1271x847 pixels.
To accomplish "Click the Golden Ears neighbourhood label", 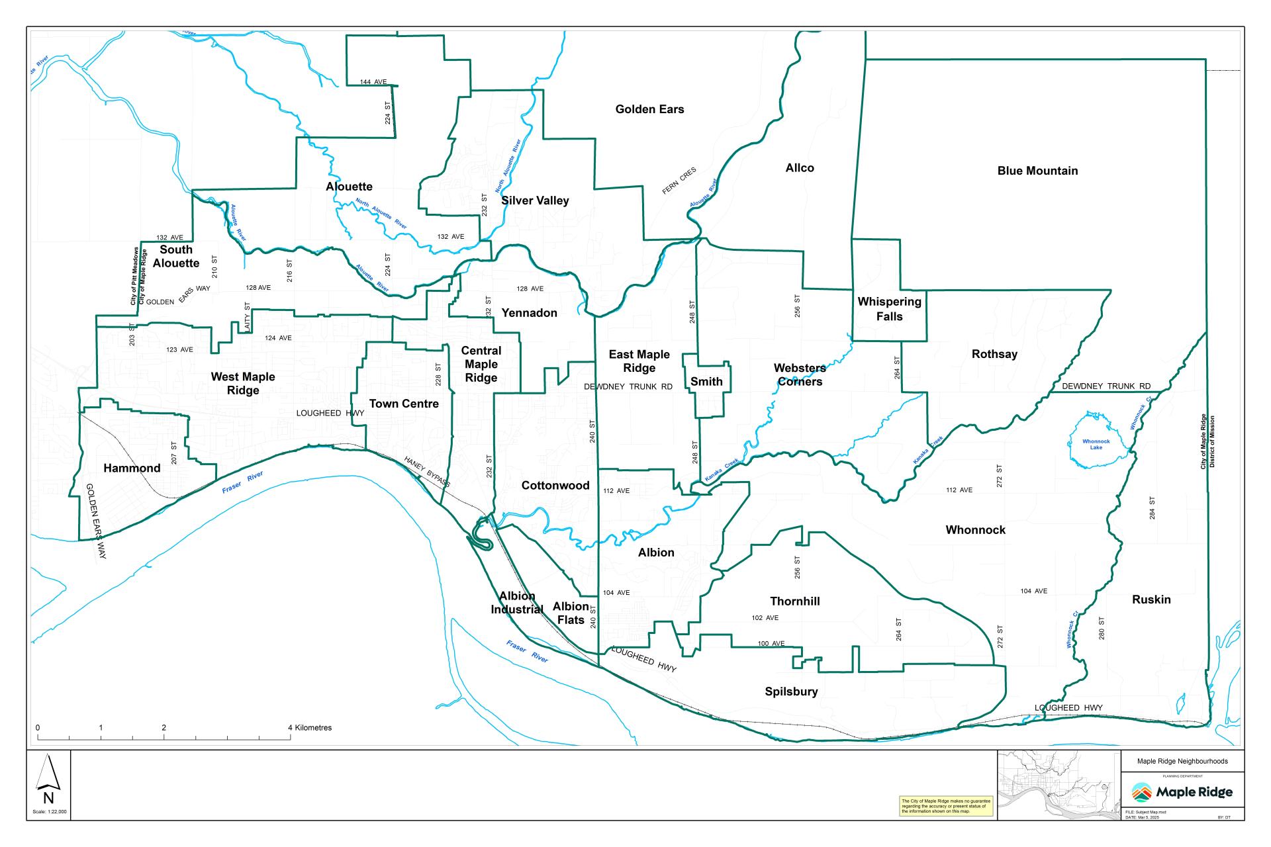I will (x=649, y=109).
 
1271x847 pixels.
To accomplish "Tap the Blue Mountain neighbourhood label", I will (x=1037, y=171).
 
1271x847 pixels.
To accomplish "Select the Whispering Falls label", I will (x=889, y=309).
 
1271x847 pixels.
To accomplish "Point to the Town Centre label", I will (x=404, y=404).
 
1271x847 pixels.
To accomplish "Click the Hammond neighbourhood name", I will (x=132, y=468).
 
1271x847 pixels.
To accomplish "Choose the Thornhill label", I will (x=794, y=601).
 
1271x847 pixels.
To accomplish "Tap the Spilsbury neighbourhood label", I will (x=791, y=691).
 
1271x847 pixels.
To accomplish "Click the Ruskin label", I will (x=1151, y=600).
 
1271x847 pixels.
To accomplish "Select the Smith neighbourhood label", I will (x=706, y=381).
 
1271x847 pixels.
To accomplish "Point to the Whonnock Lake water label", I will (x=1096, y=444).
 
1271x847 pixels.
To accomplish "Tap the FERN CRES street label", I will (x=679, y=181).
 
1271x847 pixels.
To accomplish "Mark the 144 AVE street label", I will (x=373, y=82).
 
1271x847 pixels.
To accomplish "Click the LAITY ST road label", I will (x=247, y=318).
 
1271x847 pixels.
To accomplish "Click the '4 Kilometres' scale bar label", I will (x=310, y=728).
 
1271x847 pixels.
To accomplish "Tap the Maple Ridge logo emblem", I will (x=1141, y=792).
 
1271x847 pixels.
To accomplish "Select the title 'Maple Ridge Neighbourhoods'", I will (x=1182, y=761).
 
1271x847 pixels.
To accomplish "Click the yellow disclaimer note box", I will (x=946, y=806).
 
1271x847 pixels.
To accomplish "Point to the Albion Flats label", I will (x=571, y=613).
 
